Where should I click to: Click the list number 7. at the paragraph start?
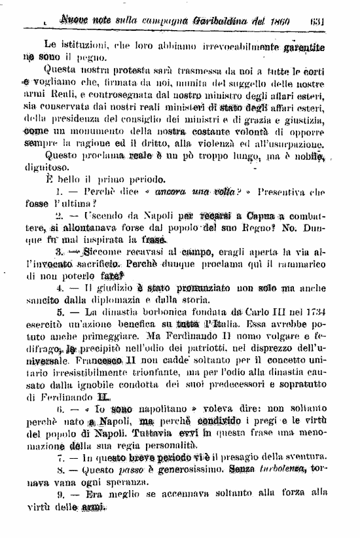[59, 456]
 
